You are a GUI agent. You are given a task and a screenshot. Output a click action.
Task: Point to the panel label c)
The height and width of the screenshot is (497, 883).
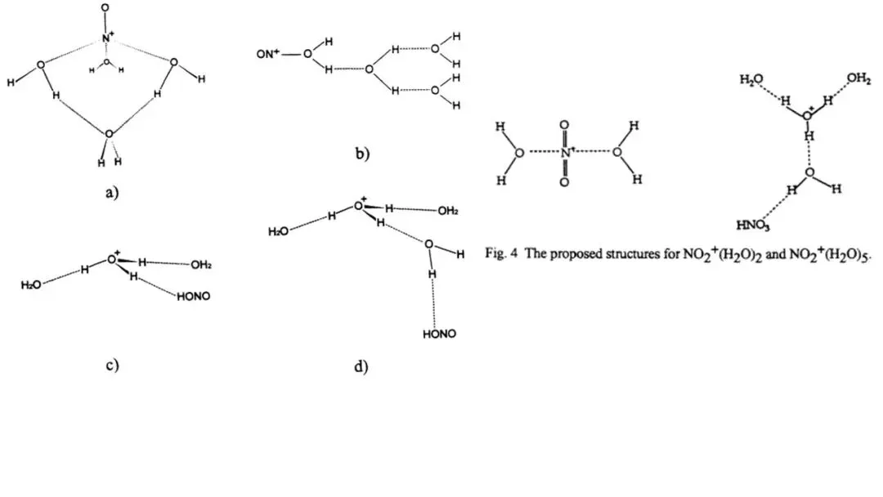point(113,365)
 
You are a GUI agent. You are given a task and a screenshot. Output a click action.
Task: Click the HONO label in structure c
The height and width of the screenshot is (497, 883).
point(194,296)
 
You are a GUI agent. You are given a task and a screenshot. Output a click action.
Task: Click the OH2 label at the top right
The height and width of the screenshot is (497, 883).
point(858,78)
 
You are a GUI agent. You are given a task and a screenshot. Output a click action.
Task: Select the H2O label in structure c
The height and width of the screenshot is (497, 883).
point(31,284)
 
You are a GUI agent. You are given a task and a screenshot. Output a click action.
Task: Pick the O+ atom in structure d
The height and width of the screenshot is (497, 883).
point(360,204)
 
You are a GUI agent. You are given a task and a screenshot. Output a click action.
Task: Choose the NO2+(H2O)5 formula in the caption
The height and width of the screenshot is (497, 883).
point(825,254)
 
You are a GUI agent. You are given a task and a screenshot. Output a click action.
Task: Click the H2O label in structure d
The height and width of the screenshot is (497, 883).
point(279,232)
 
